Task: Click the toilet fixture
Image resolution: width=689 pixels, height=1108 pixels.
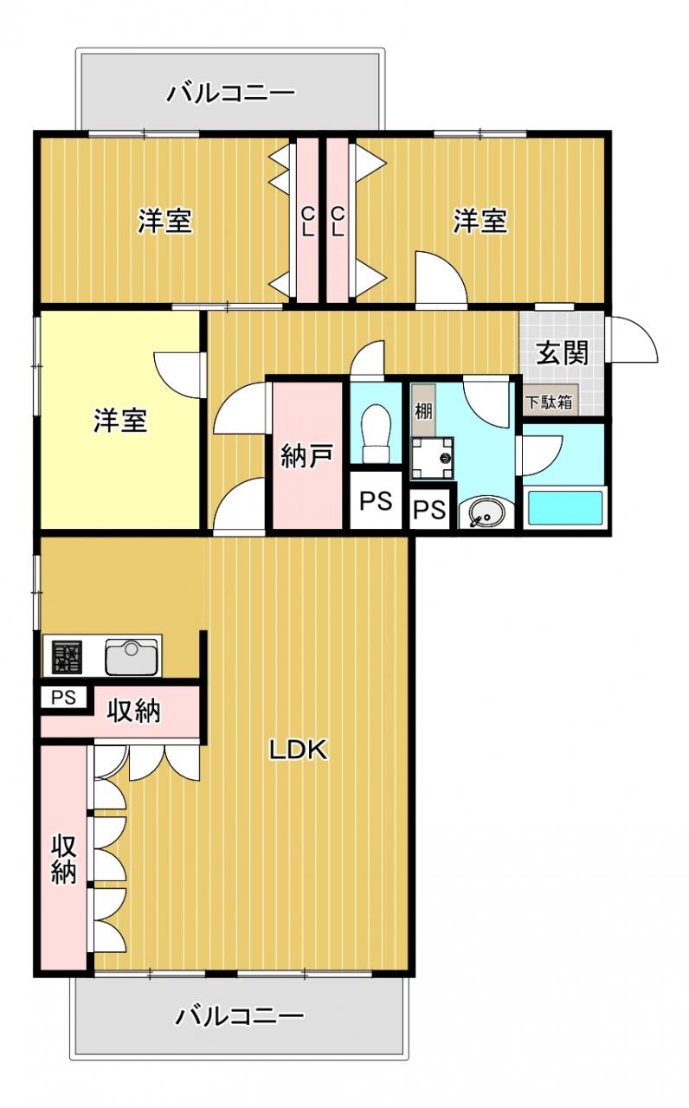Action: pos(377,434)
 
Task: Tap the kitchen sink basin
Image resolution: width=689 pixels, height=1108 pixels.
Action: pos(131,657)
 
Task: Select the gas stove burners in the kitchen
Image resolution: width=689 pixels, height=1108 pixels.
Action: pos(68,657)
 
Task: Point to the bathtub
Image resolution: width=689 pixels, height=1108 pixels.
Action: pos(565,508)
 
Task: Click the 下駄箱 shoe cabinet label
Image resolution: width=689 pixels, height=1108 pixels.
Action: pos(550,403)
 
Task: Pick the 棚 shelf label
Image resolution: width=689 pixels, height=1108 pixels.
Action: pos(423,411)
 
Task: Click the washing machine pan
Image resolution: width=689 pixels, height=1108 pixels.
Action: pos(432,458)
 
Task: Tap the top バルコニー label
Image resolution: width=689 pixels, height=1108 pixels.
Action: pos(230,93)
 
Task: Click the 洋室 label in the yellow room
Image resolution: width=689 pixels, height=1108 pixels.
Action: pos(120,421)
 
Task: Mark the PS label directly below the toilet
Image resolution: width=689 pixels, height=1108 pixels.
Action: pos(376,501)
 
